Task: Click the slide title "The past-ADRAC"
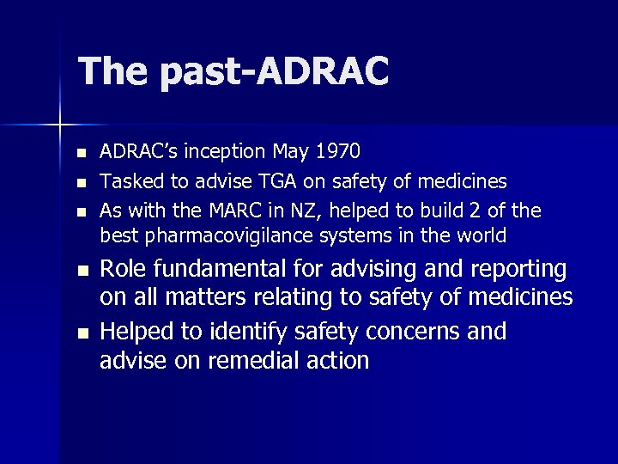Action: click(x=233, y=72)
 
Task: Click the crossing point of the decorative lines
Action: click(x=60, y=125)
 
